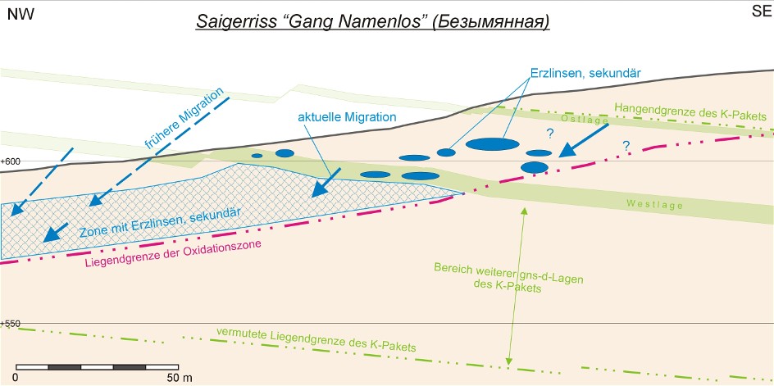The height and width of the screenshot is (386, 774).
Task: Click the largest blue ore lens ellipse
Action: coord(493,144)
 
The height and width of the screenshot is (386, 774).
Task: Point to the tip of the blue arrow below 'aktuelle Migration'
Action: coord(312,197)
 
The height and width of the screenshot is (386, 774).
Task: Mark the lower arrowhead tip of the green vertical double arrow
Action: coord(509,366)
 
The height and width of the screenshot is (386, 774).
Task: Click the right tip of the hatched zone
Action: coord(465,193)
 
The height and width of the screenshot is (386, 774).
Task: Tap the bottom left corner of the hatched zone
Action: coord(2,259)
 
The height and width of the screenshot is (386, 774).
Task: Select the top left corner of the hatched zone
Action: coord(2,204)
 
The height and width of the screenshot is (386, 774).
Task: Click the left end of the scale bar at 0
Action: coord(16,367)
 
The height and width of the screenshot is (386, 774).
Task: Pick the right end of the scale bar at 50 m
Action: coord(178,367)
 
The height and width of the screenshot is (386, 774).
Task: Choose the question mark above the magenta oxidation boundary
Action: coord(626,146)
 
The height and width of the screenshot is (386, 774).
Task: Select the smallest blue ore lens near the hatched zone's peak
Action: coord(257,156)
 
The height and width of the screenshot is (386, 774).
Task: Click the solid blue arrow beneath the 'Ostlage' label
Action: coord(584,140)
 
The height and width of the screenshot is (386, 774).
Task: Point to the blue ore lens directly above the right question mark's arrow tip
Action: coord(539,153)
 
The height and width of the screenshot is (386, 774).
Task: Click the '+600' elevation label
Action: coord(9,161)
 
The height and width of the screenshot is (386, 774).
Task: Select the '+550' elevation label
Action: coord(9,324)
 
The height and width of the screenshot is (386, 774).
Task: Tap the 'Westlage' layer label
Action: coord(654,204)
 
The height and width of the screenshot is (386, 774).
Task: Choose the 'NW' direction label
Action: coord(20,14)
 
